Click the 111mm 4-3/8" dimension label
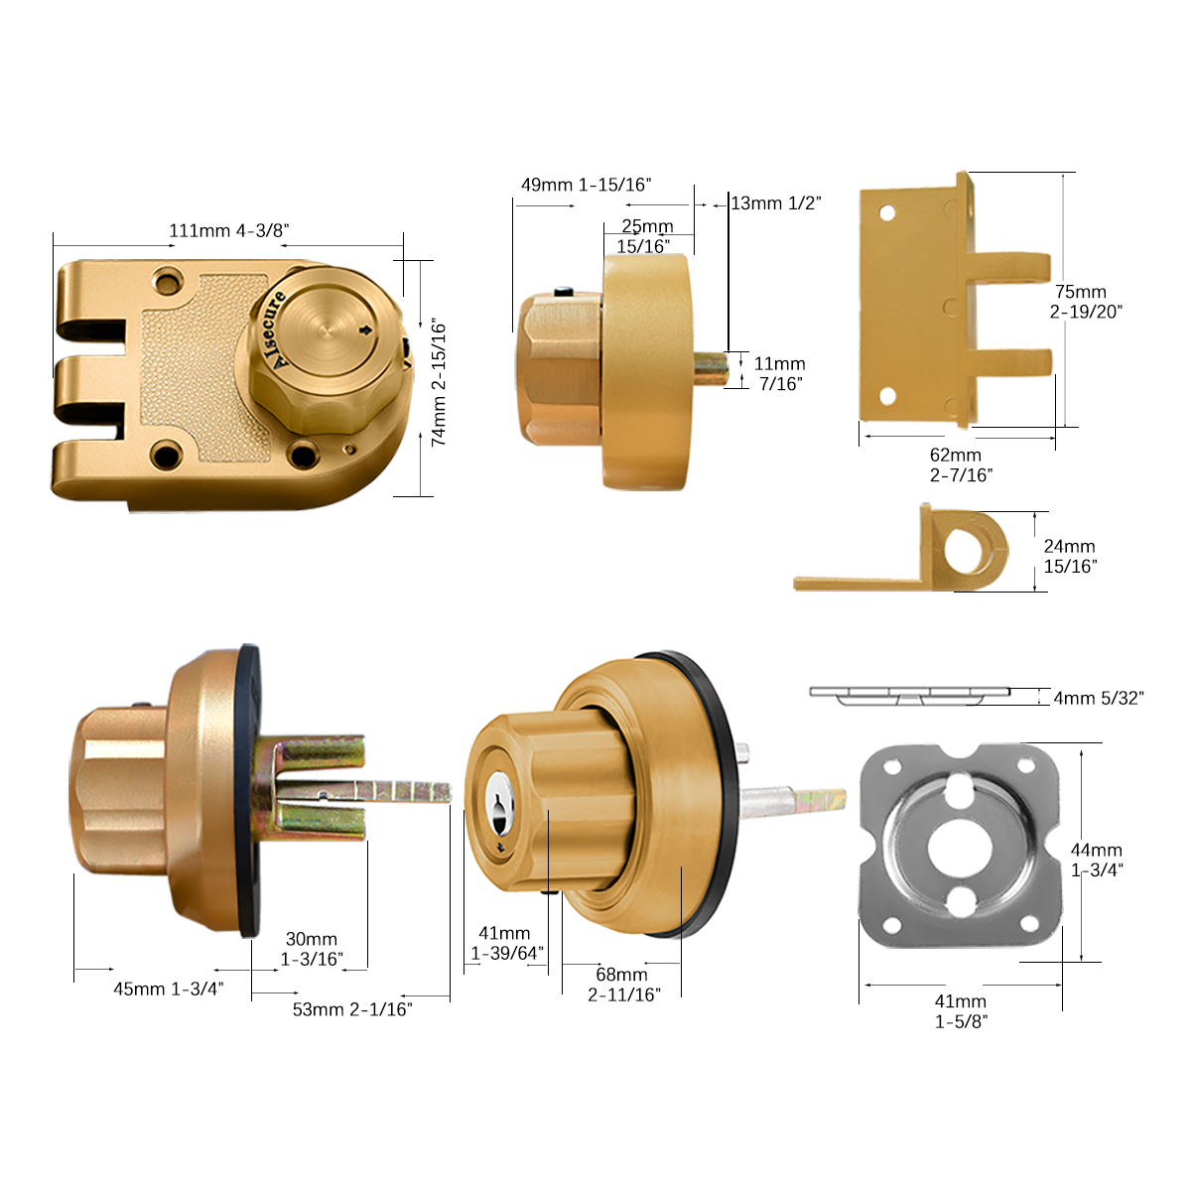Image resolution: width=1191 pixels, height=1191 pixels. (x=229, y=230)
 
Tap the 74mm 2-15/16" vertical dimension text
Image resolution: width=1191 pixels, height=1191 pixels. (x=438, y=382)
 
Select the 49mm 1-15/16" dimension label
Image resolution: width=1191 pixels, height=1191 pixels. (x=586, y=185)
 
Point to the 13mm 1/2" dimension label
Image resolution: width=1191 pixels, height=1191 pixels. (x=776, y=202)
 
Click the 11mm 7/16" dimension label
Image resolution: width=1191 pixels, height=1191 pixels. (x=780, y=373)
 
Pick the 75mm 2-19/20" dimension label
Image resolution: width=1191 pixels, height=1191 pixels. (x=1086, y=301)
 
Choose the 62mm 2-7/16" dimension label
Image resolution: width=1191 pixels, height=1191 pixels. (x=961, y=464)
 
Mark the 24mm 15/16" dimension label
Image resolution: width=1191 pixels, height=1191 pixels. (x=1071, y=556)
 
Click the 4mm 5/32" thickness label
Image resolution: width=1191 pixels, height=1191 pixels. (x=1099, y=698)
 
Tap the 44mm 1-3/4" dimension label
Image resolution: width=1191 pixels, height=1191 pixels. (x=1097, y=860)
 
